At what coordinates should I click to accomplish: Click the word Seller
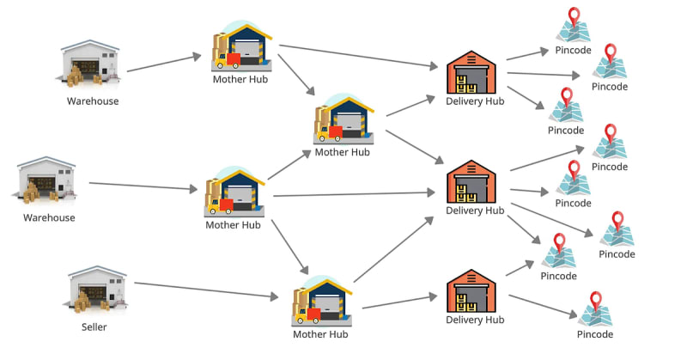94,326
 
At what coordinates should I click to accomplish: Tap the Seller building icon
97,290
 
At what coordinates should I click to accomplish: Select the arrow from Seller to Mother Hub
206,290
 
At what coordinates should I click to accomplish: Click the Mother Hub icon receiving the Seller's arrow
322,302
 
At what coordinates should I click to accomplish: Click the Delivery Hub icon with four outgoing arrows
471,181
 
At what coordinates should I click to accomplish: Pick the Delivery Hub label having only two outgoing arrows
475,320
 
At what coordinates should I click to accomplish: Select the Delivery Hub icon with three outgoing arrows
471,72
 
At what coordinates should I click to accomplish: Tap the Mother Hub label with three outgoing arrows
233,225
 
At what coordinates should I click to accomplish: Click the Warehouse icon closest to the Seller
47,180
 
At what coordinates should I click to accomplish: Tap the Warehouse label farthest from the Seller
93,101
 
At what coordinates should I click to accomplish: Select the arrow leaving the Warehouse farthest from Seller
164,63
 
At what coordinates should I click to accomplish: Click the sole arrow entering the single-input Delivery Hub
399,302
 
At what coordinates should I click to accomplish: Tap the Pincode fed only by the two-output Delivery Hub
595,309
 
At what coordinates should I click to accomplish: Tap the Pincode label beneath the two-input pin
559,276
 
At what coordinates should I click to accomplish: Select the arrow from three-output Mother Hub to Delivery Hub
354,194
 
